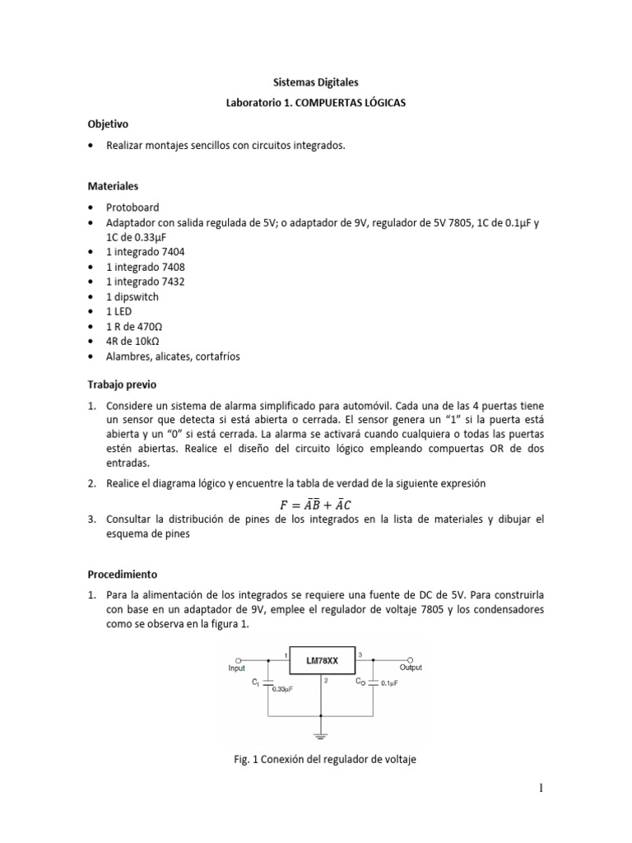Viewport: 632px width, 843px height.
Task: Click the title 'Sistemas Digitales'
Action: [x=316, y=82]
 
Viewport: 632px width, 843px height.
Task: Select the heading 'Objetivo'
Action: [x=109, y=124]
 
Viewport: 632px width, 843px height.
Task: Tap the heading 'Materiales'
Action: [x=113, y=187]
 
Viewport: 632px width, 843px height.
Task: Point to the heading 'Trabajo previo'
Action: [x=121, y=384]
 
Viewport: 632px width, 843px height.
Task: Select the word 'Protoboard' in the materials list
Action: [x=132, y=207]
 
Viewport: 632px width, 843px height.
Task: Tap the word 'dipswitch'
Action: [x=136, y=296]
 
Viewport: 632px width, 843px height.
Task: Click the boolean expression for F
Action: [x=316, y=504]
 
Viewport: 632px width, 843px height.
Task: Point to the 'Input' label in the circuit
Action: [x=237, y=669]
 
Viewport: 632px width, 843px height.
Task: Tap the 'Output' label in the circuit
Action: [x=411, y=668]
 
